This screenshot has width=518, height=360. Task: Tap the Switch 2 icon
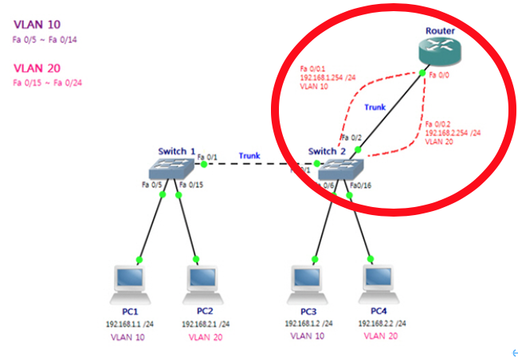[x=340, y=167]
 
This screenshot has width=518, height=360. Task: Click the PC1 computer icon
[x=131, y=282]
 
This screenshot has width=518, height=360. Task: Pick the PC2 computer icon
[x=204, y=282]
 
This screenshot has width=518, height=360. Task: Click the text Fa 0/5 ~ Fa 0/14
[x=45, y=38]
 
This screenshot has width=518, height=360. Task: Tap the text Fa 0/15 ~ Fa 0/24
[x=47, y=82]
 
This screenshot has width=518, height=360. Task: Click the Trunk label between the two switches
[x=250, y=156]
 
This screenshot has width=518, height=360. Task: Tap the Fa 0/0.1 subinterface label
[x=312, y=68]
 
